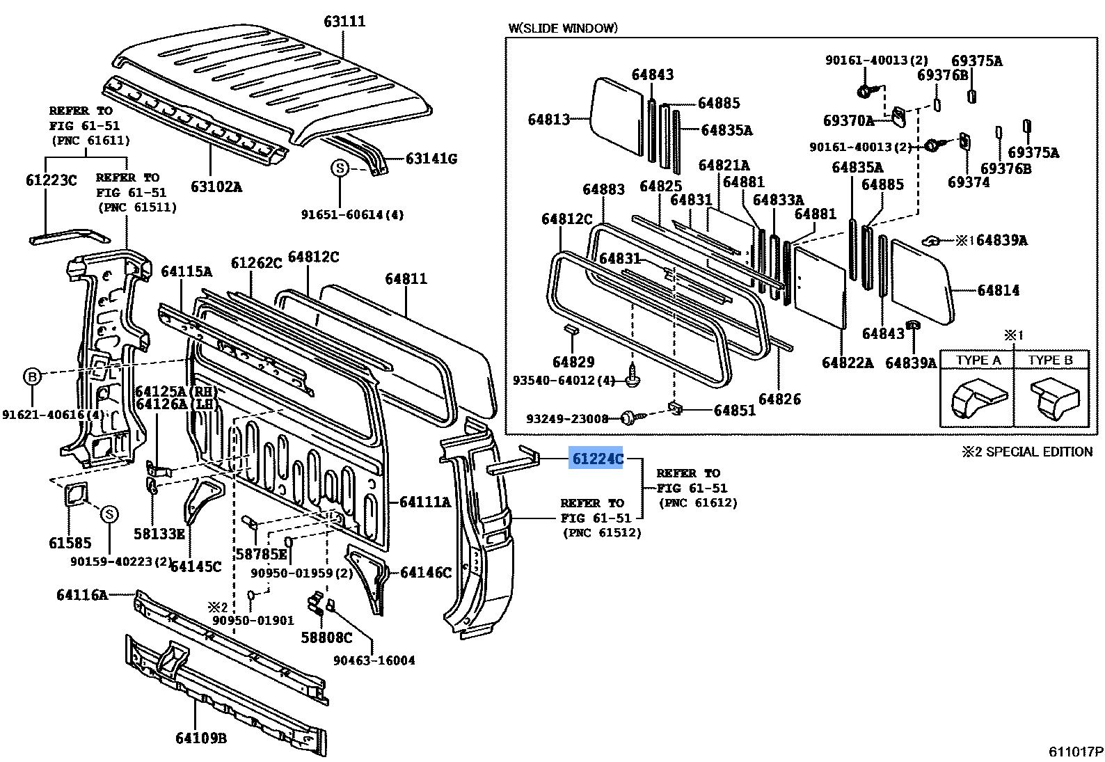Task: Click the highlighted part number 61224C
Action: (596, 459)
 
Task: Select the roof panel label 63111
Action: (344, 22)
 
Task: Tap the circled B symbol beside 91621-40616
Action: (32, 377)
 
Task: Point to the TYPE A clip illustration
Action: (978, 399)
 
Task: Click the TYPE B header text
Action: (1050, 360)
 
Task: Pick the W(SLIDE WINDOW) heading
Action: (563, 28)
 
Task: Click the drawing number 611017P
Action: (1076, 752)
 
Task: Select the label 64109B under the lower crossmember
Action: (201, 738)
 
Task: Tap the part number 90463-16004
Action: (374, 660)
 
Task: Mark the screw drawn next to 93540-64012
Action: (633, 376)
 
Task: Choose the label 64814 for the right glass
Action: (998, 290)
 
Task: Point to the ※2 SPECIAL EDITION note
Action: (1027, 452)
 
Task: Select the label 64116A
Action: (82, 594)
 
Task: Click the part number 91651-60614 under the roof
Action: (352, 215)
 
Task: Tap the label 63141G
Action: (431, 159)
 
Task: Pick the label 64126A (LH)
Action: (177, 404)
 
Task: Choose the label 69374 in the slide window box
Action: (969, 182)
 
